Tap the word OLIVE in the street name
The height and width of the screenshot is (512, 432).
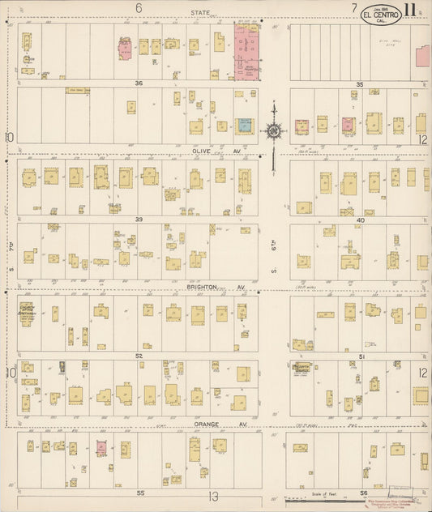(x=202, y=150)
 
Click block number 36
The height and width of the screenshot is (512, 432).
(x=139, y=83)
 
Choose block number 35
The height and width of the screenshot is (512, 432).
(x=358, y=83)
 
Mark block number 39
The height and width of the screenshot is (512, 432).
(x=139, y=220)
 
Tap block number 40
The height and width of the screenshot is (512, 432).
(x=360, y=220)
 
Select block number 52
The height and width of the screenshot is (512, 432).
(x=139, y=356)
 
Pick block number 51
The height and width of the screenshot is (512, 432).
(x=361, y=356)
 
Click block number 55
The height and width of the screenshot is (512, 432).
(x=140, y=492)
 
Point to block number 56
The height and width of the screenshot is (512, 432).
(x=364, y=492)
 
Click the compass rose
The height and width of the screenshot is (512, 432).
(x=274, y=130)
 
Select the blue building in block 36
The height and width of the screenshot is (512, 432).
(x=243, y=126)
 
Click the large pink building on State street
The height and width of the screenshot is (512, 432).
(x=246, y=50)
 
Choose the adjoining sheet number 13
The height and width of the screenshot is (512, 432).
(x=213, y=497)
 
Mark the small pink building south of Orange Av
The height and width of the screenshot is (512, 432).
(x=102, y=446)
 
